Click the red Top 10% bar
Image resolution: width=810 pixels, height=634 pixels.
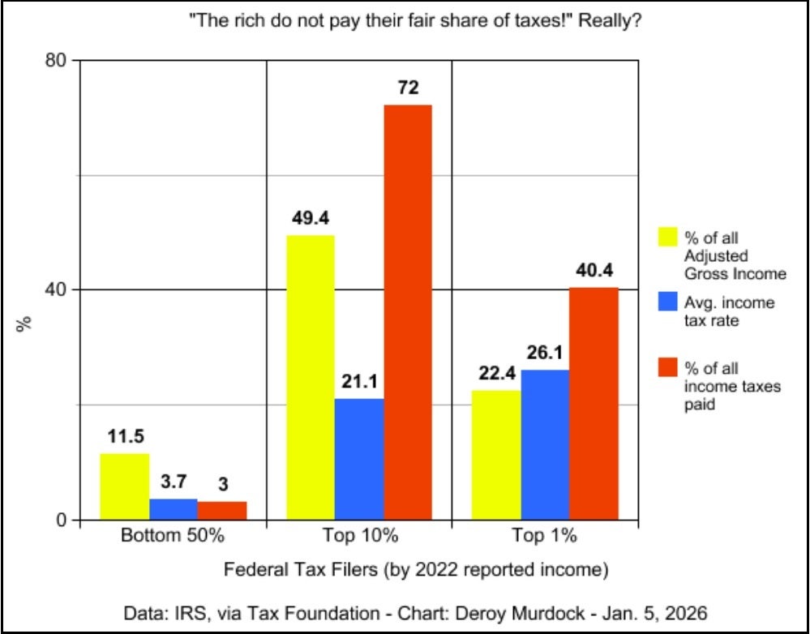point(408,312)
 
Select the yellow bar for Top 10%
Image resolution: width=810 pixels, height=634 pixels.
point(311,377)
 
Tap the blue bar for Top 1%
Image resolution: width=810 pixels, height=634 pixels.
point(545,444)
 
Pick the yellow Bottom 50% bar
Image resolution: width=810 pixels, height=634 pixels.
point(125,486)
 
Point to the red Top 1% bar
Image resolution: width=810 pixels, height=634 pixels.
point(594,403)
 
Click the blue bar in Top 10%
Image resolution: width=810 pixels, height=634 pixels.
point(359,459)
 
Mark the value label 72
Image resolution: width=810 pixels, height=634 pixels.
point(408,88)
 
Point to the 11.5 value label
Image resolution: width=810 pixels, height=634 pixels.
point(126,437)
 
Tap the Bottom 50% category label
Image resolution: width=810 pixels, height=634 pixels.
point(171,536)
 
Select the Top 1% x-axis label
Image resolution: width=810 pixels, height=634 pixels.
point(544,536)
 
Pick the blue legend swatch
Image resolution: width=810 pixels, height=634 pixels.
point(666,302)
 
